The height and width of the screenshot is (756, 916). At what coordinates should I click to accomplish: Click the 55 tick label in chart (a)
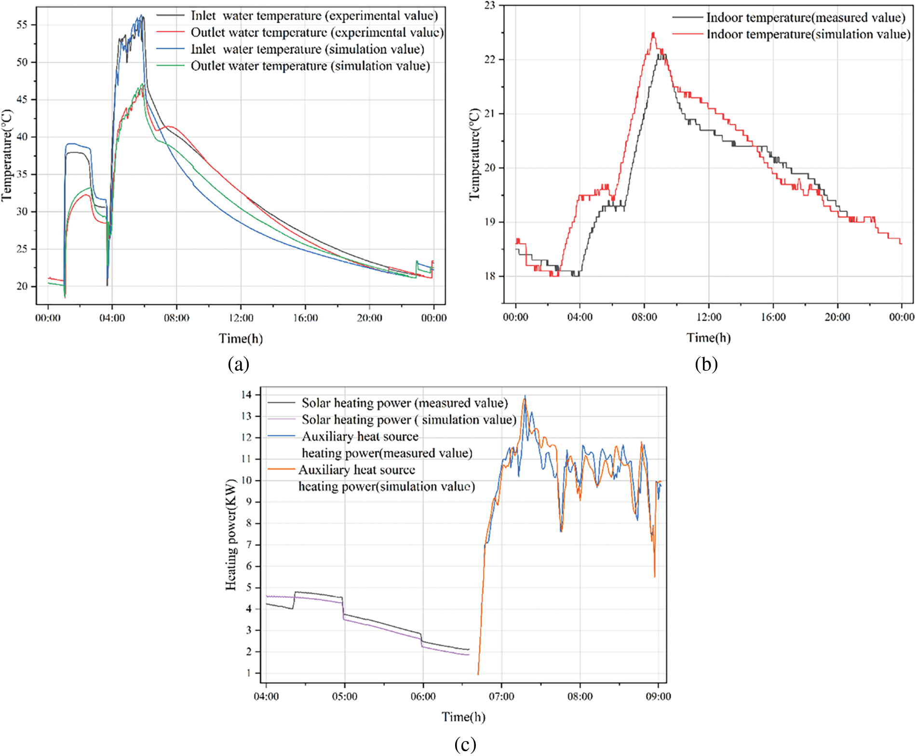click(x=22, y=25)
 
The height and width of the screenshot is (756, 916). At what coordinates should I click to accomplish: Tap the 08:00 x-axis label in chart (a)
click(x=176, y=318)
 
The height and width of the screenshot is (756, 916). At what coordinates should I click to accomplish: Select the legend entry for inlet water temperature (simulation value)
click(x=307, y=49)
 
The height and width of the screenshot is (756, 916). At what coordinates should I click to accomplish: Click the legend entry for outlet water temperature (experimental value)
click(x=317, y=32)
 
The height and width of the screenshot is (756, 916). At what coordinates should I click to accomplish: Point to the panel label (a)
click(x=239, y=364)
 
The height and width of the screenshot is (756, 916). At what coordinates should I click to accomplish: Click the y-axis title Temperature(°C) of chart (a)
click(x=7, y=155)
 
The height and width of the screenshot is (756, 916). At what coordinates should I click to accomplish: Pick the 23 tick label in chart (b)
click(x=490, y=6)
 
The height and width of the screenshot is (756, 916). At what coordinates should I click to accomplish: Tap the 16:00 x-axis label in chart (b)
click(x=773, y=317)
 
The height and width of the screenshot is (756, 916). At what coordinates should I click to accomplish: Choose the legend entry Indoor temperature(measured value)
click(x=806, y=18)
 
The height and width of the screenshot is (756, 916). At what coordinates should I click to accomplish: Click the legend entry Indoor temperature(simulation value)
click(x=808, y=34)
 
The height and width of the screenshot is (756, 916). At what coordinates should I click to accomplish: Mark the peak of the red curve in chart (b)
click(x=653, y=33)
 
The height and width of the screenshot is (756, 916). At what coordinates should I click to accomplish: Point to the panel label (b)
click(x=706, y=364)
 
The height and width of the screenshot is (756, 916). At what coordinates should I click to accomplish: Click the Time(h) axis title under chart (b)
click(x=708, y=337)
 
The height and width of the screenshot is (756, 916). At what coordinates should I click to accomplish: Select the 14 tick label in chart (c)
click(x=246, y=395)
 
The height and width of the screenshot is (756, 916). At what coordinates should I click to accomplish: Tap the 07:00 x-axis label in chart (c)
click(x=501, y=696)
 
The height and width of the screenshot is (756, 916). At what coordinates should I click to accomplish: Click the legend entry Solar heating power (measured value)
click(x=404, y=403)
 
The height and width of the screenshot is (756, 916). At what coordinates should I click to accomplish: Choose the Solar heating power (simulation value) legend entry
click(x=409, y=419)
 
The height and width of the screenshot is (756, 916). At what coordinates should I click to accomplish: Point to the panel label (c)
click(x=465, y=744)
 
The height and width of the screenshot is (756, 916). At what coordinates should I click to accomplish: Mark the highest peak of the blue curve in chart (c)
click(x=525, y=396)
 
